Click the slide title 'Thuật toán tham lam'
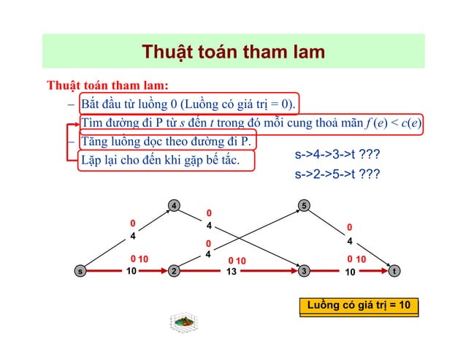click(x=233, y=52)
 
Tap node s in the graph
click(x=80, y=270)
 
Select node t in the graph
click(x=394, y=270)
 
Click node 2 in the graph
click(x=174, y=270)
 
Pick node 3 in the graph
click(x=305, y=270)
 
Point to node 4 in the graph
click(x=174, y=206)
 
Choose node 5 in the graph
click(x=305, y=206)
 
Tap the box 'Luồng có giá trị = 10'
click(x=359, y=305)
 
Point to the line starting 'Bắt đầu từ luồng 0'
click(x=188, y=102)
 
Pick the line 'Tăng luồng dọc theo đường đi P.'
click(x=166, y=140)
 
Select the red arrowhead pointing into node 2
click(x=162, y=270)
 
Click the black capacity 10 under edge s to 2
click(x=131, y=272)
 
